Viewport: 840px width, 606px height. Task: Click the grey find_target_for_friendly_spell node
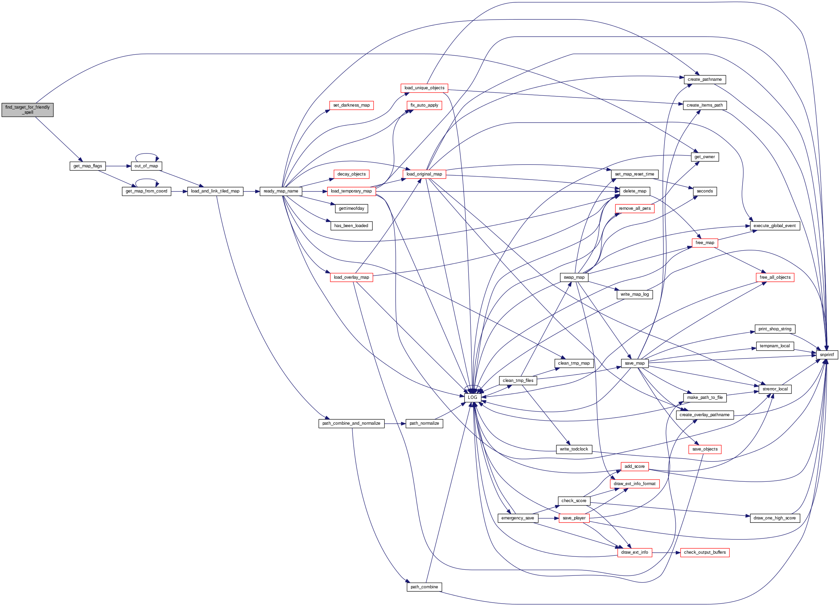coord(27,110)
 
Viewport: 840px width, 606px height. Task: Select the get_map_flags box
coord(88,166)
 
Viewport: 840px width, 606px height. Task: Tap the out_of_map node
coord(146,166)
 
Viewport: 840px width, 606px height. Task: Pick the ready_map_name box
coord(281,191)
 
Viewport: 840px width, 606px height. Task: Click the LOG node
coord(472,398)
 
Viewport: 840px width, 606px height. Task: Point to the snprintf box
coord(827,354)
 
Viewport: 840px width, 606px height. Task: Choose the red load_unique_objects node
coord(424,88)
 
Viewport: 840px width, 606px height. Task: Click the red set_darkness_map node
coord(351,105)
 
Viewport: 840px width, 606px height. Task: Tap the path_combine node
coord(424,587)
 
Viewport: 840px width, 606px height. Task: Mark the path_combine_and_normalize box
coord(351,423)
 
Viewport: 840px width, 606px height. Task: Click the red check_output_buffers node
coord(705,552)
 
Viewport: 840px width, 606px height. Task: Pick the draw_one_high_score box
coord(774,518)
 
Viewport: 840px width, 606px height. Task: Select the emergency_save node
coord(518,518)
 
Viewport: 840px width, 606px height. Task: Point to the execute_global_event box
coord(774,225)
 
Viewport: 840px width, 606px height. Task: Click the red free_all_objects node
coord(775,277)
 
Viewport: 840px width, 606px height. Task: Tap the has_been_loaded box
coord(351,225)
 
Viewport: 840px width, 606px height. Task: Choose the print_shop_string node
coord(775,329)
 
